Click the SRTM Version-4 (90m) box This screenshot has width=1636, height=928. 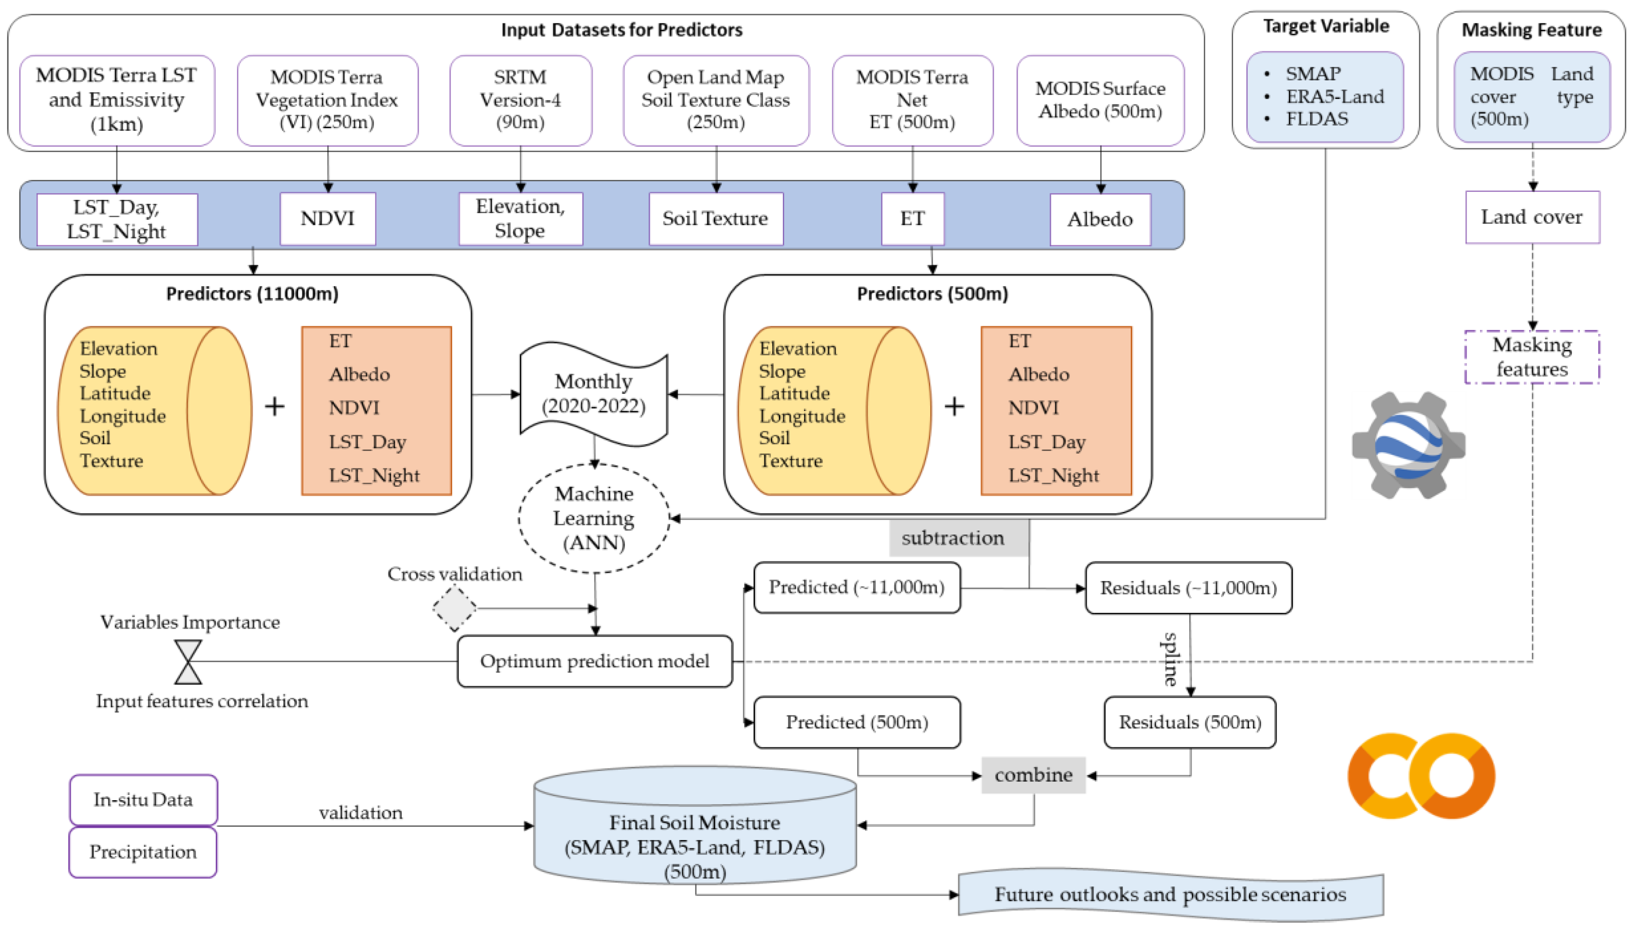click(x=520, y=100)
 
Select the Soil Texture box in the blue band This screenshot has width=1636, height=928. click(x=715, y=218)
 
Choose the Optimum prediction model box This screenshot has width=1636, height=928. click(x=594, y=661)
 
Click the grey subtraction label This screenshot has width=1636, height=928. click(x=953, y=538)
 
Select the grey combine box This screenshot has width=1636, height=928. click(x=1033, y=775)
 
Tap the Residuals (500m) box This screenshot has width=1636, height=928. click(x=1190, y=722)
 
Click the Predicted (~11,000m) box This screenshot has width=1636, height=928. click(x=856, y=587)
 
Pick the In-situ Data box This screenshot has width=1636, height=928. click(x=143, y=800)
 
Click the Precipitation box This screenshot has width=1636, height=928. click(x=143, y=852)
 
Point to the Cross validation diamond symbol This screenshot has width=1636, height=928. click(x=454, y=608)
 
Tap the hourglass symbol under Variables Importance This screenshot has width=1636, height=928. click(x=188, y=662)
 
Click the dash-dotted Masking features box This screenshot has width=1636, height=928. click(x=1532, y=357)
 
